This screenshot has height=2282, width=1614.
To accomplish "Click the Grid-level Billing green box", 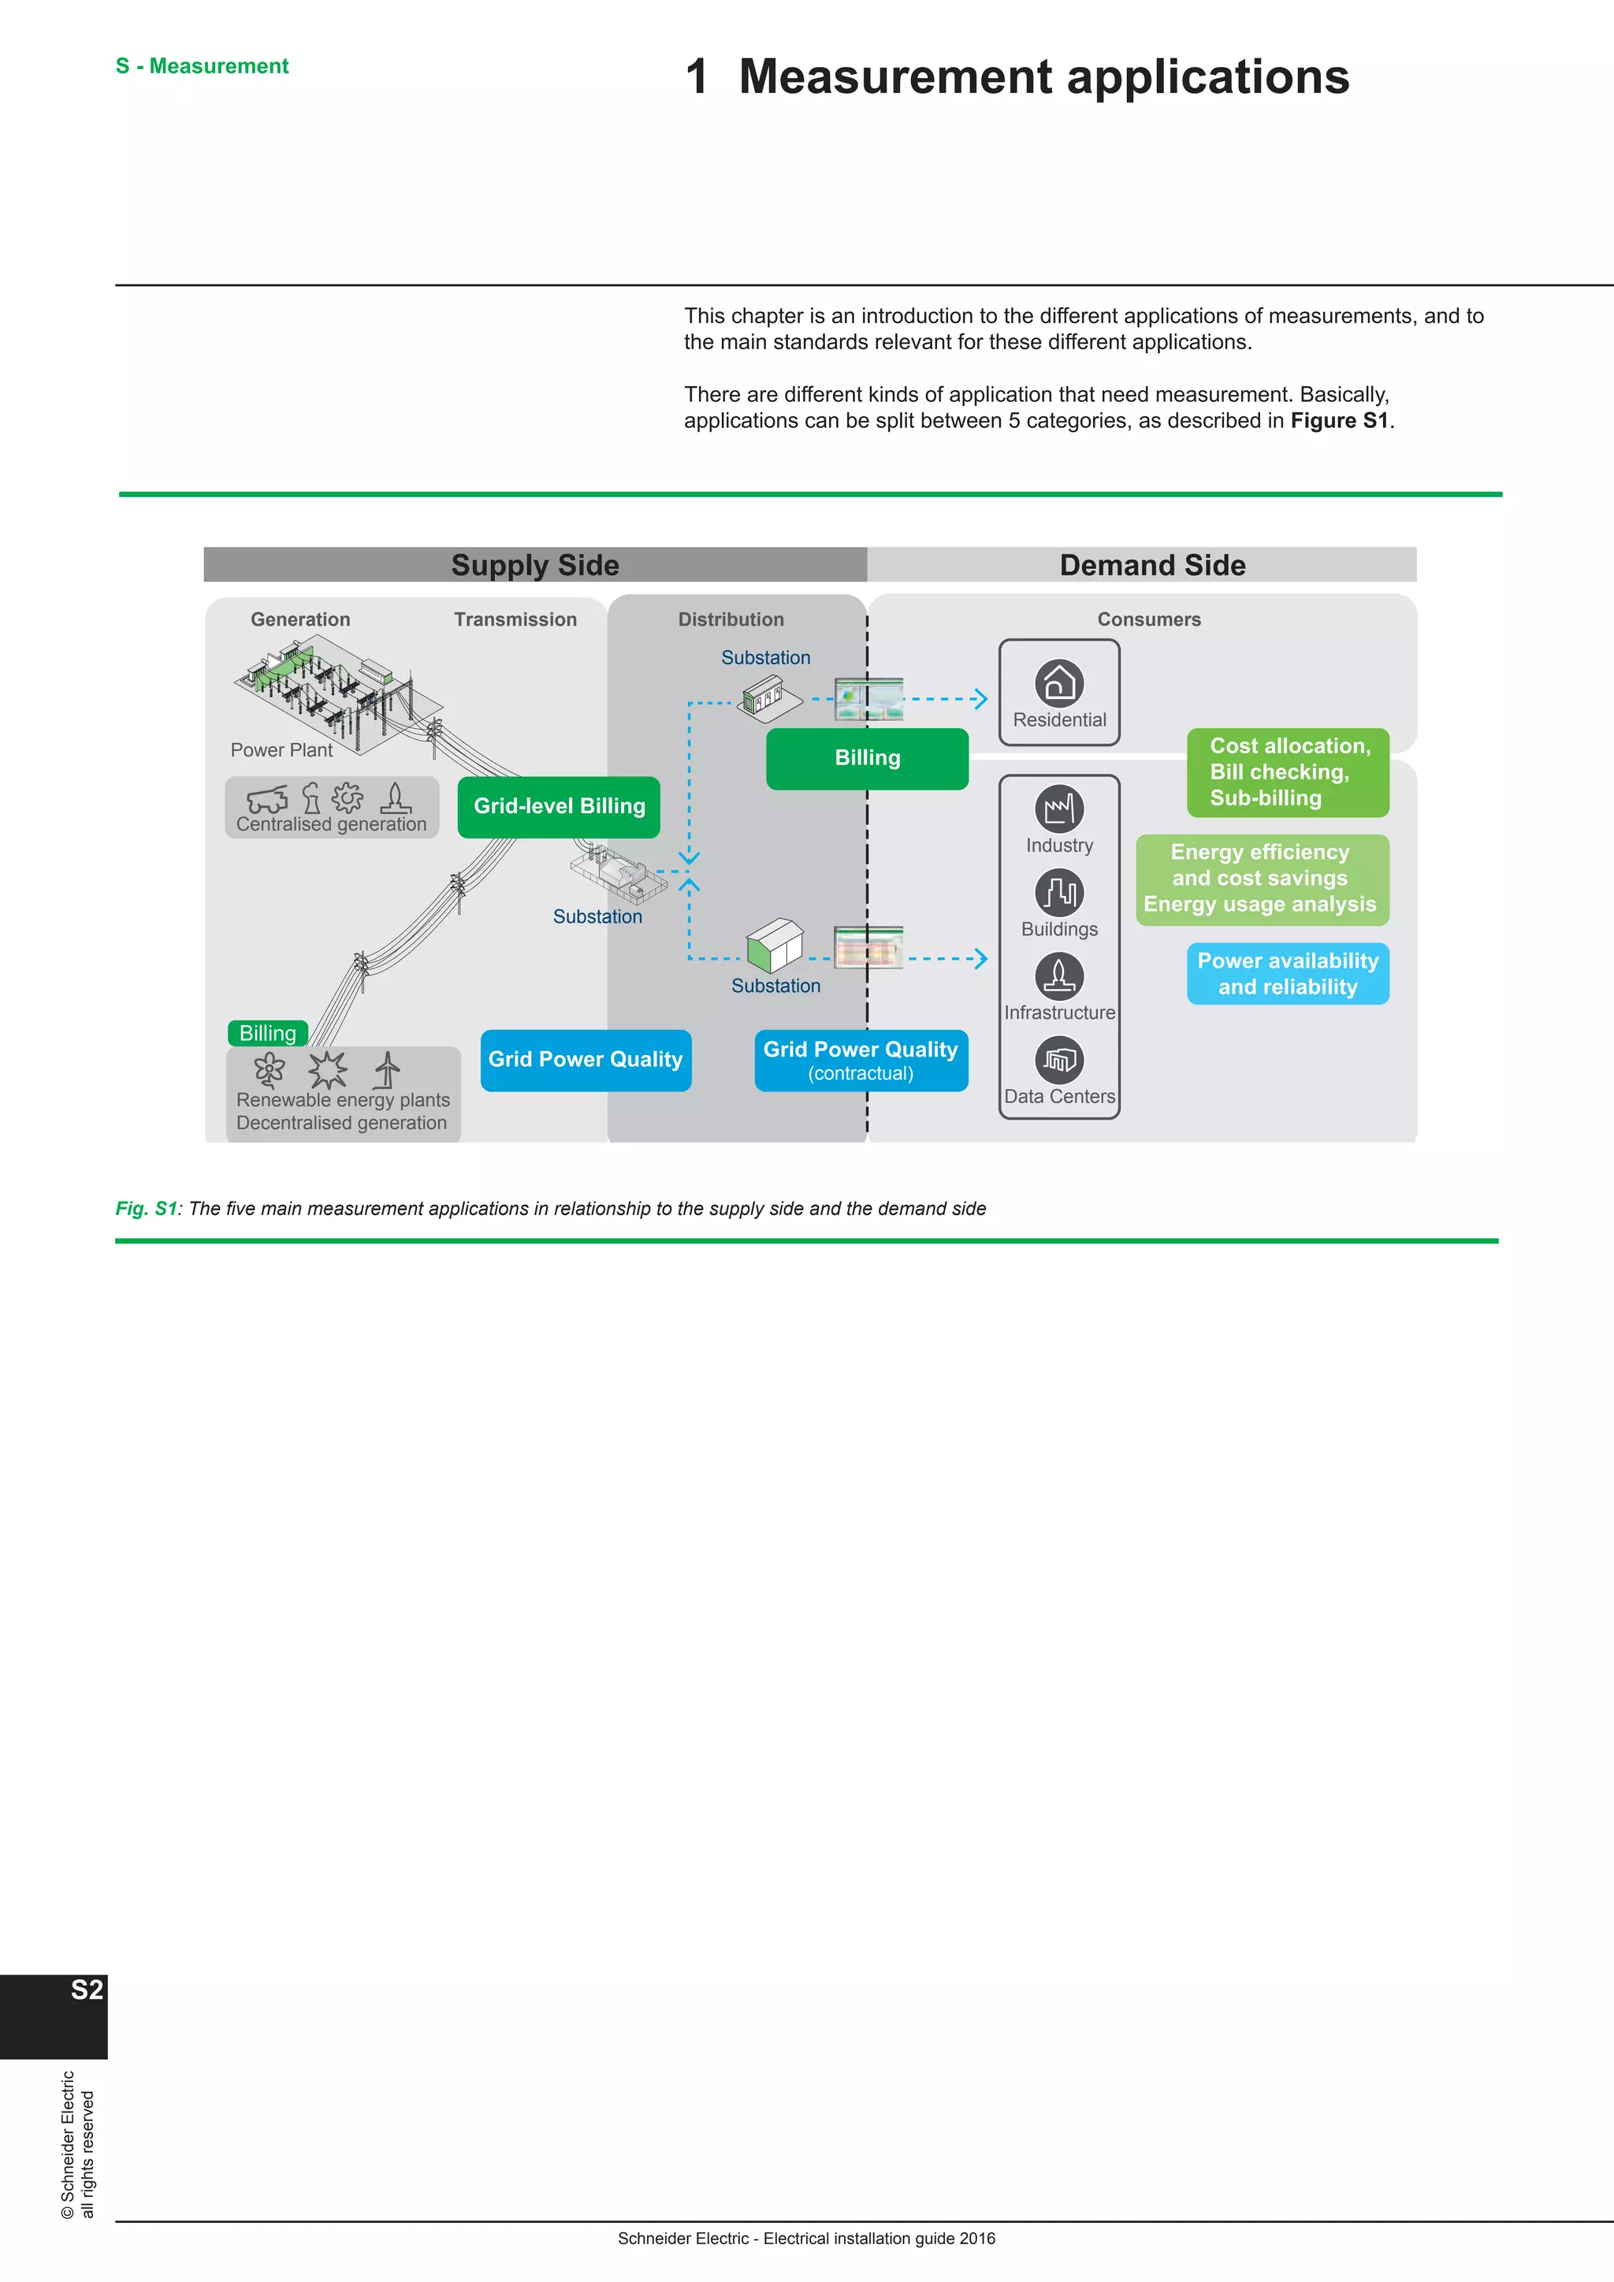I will tap(559, 806).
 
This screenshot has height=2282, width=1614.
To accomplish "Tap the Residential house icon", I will tap(1058, 683).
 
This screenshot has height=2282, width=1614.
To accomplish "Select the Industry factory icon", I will tap(1058, 808).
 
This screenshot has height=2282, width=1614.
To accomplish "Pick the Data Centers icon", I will tap(1058, 1060).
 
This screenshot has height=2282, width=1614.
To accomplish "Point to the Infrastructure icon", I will tap(1058, 976).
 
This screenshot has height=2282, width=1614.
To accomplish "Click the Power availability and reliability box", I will tap(1287, 973).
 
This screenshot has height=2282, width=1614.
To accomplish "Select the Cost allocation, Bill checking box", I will tap(1287, 772).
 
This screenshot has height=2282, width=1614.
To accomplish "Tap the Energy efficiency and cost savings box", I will tap(1261, 879).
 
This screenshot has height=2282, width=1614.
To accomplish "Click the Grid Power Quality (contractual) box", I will tap(861, 1060).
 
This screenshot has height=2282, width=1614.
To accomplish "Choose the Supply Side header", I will tap(534, 564).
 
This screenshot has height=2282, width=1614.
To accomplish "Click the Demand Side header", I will tap(1152, 564).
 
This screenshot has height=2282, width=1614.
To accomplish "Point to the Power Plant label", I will tap(281, 750).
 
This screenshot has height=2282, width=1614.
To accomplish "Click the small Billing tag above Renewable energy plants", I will tap(267, 1033).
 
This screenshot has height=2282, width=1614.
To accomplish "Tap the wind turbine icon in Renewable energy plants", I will tap(388, 1069).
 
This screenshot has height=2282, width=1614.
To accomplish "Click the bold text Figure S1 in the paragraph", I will tap(1339, 421).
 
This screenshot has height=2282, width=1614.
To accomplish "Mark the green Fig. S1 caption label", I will tap(146, 1209).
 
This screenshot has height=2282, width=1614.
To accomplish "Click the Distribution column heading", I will tap(731, 619).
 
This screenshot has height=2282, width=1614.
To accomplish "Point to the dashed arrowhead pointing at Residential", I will tap(981, 699).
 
